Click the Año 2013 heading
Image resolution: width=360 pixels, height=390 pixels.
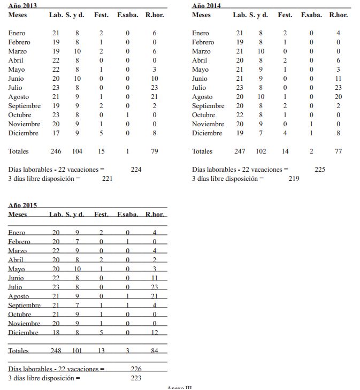tap(22, 5)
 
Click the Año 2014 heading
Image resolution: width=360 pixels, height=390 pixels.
tap(206, 5)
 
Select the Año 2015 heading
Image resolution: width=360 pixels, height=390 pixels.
tap(22, 205)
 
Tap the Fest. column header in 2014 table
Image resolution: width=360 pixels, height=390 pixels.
tap(285, 15)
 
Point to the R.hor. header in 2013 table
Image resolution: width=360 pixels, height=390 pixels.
tap(155, 15)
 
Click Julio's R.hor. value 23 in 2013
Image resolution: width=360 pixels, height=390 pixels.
tap(155, 88)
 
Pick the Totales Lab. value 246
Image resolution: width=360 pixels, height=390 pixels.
tap(56, 151)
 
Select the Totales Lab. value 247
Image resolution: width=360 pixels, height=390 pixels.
tap(240, 151)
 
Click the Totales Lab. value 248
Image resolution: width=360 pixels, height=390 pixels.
tap(56, 351)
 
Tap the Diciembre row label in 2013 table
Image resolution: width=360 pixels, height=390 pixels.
tap(24, 133)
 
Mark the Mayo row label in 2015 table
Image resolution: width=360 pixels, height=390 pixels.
tap(17, 269)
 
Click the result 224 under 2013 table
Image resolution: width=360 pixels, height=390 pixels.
tap(136, 170)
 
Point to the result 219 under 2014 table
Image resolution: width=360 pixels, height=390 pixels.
tap(294, 179)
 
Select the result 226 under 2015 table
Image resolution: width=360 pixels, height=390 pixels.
tap(136, 369)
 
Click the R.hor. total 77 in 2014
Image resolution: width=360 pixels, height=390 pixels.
tap(338, 151)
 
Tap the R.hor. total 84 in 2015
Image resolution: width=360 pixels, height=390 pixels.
tap(155, 351)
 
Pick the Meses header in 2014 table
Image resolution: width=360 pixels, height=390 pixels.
tap(201, 15)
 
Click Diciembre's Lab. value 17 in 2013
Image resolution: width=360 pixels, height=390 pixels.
tap(56, 133)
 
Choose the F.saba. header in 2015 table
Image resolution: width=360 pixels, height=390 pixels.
tap(127, 215)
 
